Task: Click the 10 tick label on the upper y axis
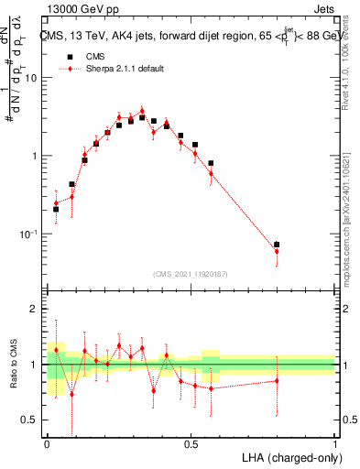[33, 77]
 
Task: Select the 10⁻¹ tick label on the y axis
[30, 234]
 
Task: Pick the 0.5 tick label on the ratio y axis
[33, 420]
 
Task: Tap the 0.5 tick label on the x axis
[191, 443]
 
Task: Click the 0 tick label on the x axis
[47, 443]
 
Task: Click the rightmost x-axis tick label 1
[336, 443]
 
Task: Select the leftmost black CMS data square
[56, 209]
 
